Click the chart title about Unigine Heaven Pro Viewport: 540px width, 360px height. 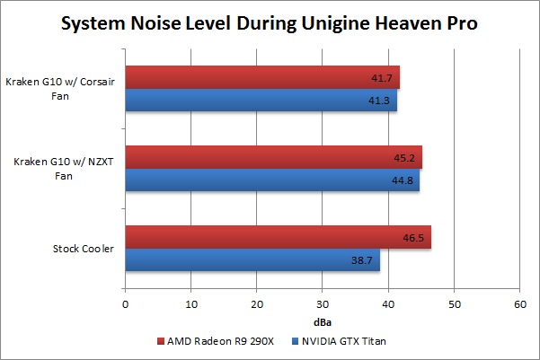(270, 24)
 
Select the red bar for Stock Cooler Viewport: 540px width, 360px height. (278, 237)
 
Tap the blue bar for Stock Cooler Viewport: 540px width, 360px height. (252, 260)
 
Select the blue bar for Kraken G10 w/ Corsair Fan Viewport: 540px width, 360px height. (261, 101)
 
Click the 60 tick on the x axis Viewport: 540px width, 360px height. (519, 305)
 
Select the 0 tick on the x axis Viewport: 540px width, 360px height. (126, 305)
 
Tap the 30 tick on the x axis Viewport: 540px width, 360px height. (323, 305)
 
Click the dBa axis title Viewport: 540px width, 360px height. (323, 320)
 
